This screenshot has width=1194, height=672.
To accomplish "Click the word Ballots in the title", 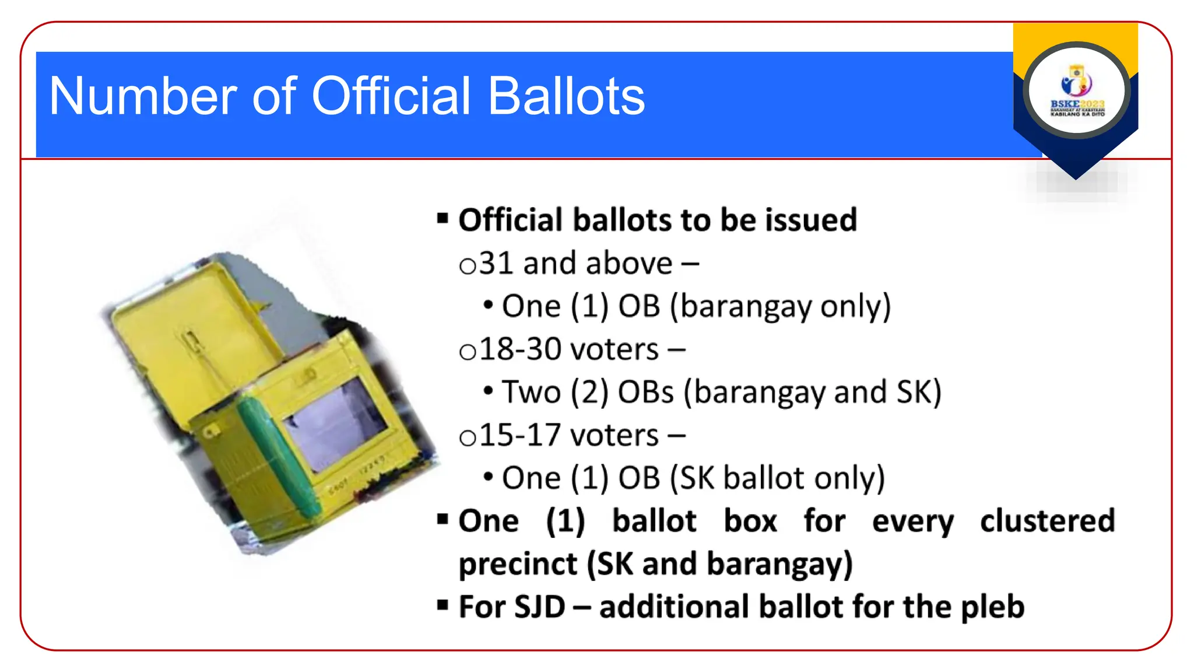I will click(566, 96).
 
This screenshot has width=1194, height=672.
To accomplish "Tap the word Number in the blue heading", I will click(143, 96).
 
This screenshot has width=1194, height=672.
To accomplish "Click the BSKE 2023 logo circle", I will click(1076, 91).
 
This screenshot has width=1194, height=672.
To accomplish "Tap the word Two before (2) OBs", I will click(531, 392).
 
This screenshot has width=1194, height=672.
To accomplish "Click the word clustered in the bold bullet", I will click(1047, 521).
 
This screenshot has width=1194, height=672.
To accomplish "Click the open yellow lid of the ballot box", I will click(192, 332).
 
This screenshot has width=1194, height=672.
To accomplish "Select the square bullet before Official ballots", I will click(443, 219).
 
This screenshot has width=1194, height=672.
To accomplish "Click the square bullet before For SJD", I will click(443, 605).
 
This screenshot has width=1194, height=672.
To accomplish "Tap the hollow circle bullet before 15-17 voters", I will click(468, 438).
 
